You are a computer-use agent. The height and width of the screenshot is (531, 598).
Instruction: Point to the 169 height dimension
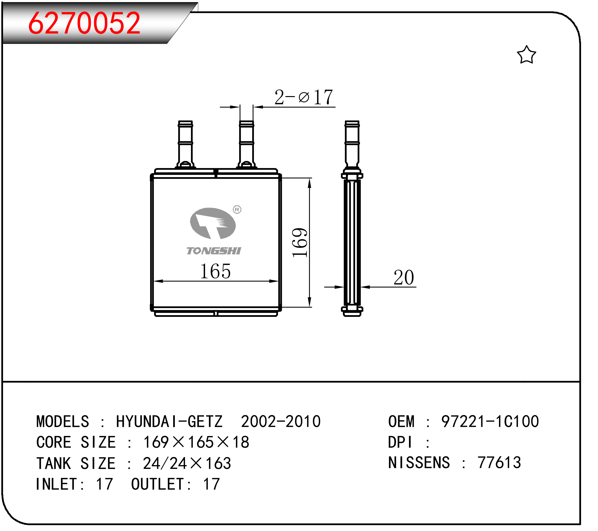pyautogui.click(x=300, y=243)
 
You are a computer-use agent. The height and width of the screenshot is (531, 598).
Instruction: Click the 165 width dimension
pyautogui.click(x=215, y=271)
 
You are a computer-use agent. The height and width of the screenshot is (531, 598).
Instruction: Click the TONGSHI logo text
pyautogui.click(x=214, y=251)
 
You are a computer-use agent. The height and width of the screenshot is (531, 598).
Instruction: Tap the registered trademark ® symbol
pyautogui.click(x=237, y=209)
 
